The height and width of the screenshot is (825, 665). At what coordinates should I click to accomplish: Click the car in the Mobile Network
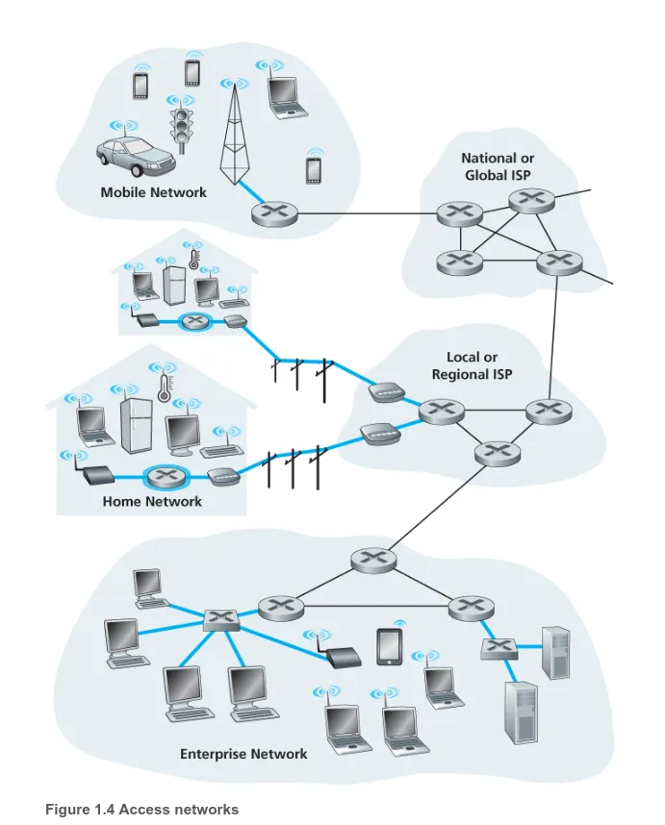[x=134, y=156]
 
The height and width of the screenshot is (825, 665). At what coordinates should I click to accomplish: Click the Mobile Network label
[x=153, y=192]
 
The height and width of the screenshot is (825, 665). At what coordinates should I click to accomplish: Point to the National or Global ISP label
[x=498, y=166]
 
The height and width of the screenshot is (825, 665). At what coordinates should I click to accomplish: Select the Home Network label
[x=152, y=501]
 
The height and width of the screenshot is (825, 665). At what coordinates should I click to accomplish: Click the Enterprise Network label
[x=243, y=754]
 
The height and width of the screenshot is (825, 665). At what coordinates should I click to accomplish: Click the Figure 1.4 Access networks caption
[x=141, y=809]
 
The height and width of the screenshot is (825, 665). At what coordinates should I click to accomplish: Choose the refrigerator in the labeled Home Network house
[x=136, y=424]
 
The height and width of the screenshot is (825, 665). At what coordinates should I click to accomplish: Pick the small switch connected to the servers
[x=499, y=649]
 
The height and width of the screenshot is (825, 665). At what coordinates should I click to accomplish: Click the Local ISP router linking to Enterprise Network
[x=496, y=451]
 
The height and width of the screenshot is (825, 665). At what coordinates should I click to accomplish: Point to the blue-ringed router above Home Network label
[x=169, y=476]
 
